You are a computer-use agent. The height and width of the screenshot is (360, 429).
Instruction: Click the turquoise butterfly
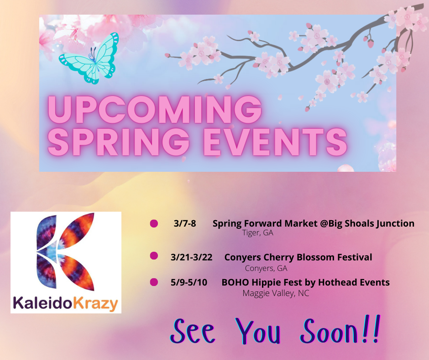tap(89, 58)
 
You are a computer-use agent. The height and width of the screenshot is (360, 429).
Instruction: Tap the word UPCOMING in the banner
tap(155, 108)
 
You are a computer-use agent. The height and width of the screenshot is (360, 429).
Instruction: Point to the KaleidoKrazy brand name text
tap(65, 303)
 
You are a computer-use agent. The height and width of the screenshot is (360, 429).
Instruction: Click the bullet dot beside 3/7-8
tap(154, 223)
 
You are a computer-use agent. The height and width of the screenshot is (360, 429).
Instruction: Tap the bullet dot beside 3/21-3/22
tap(154, 255)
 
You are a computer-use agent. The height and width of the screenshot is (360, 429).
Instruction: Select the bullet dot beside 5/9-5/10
tap(154, 281)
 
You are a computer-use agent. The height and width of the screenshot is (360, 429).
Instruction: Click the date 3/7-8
tap(185, 224)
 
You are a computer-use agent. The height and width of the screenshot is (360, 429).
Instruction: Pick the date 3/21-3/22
tap(191, 257)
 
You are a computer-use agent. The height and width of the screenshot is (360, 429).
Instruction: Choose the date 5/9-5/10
tap(188, 282)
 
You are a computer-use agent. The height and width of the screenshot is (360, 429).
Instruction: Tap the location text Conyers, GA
tap(266, 268)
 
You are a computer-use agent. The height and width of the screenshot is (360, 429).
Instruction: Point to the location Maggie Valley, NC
tap(276, 293)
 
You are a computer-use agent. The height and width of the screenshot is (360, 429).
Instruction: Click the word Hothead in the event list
tap(337, 282)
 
